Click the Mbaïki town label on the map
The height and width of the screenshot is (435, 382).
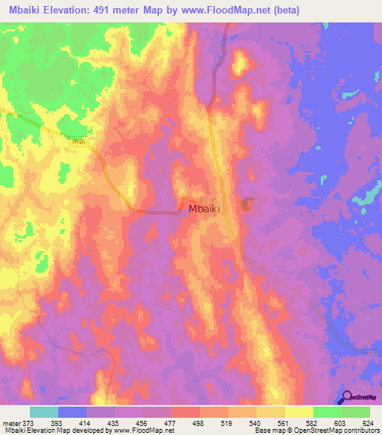click(x=204, y=210)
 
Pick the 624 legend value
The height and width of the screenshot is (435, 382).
click(x=368, y=422)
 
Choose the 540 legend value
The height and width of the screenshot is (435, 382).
click(x=256, y=422)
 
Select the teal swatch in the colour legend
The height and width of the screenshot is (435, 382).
click(x=43, y=412)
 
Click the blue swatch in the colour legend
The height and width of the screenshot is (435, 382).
click(x=72, y=412)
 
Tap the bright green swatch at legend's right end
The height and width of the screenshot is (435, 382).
click(x=355, y=412)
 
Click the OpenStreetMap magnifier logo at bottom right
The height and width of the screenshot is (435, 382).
click(x=346, y=398)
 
